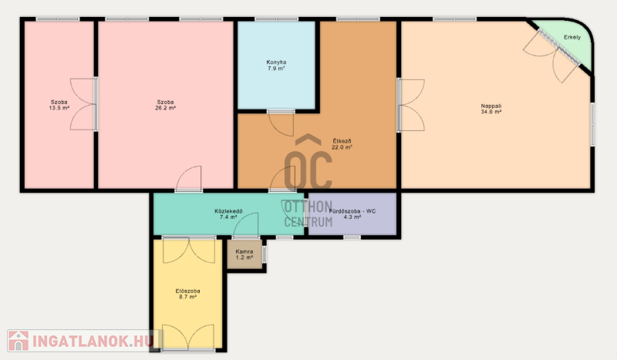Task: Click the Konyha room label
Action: point(276,62)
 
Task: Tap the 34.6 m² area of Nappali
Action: point(491,112)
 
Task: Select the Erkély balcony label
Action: point(572,37)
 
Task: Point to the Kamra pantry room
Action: point(244,254)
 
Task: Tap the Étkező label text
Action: point(342,141)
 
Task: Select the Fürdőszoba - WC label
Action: point(352,211)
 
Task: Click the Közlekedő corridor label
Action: point(228,211)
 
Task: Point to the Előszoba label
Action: point(187,291)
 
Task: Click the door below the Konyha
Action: point(281,123)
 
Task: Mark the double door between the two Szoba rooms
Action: point(83,104)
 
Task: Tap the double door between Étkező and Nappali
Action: point(411,105)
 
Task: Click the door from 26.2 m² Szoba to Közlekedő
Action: point(189,179)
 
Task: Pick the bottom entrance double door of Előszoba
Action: point(188,337)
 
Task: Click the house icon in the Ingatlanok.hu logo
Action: point(19,341)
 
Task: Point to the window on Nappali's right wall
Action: point(592,124)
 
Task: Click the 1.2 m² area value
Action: point(244,257)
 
